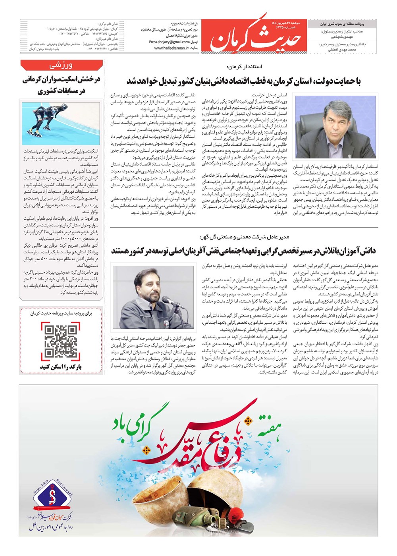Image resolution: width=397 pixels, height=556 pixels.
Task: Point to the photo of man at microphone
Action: [155, 297]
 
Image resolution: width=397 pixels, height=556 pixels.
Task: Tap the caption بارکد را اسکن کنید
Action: [61, 367]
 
